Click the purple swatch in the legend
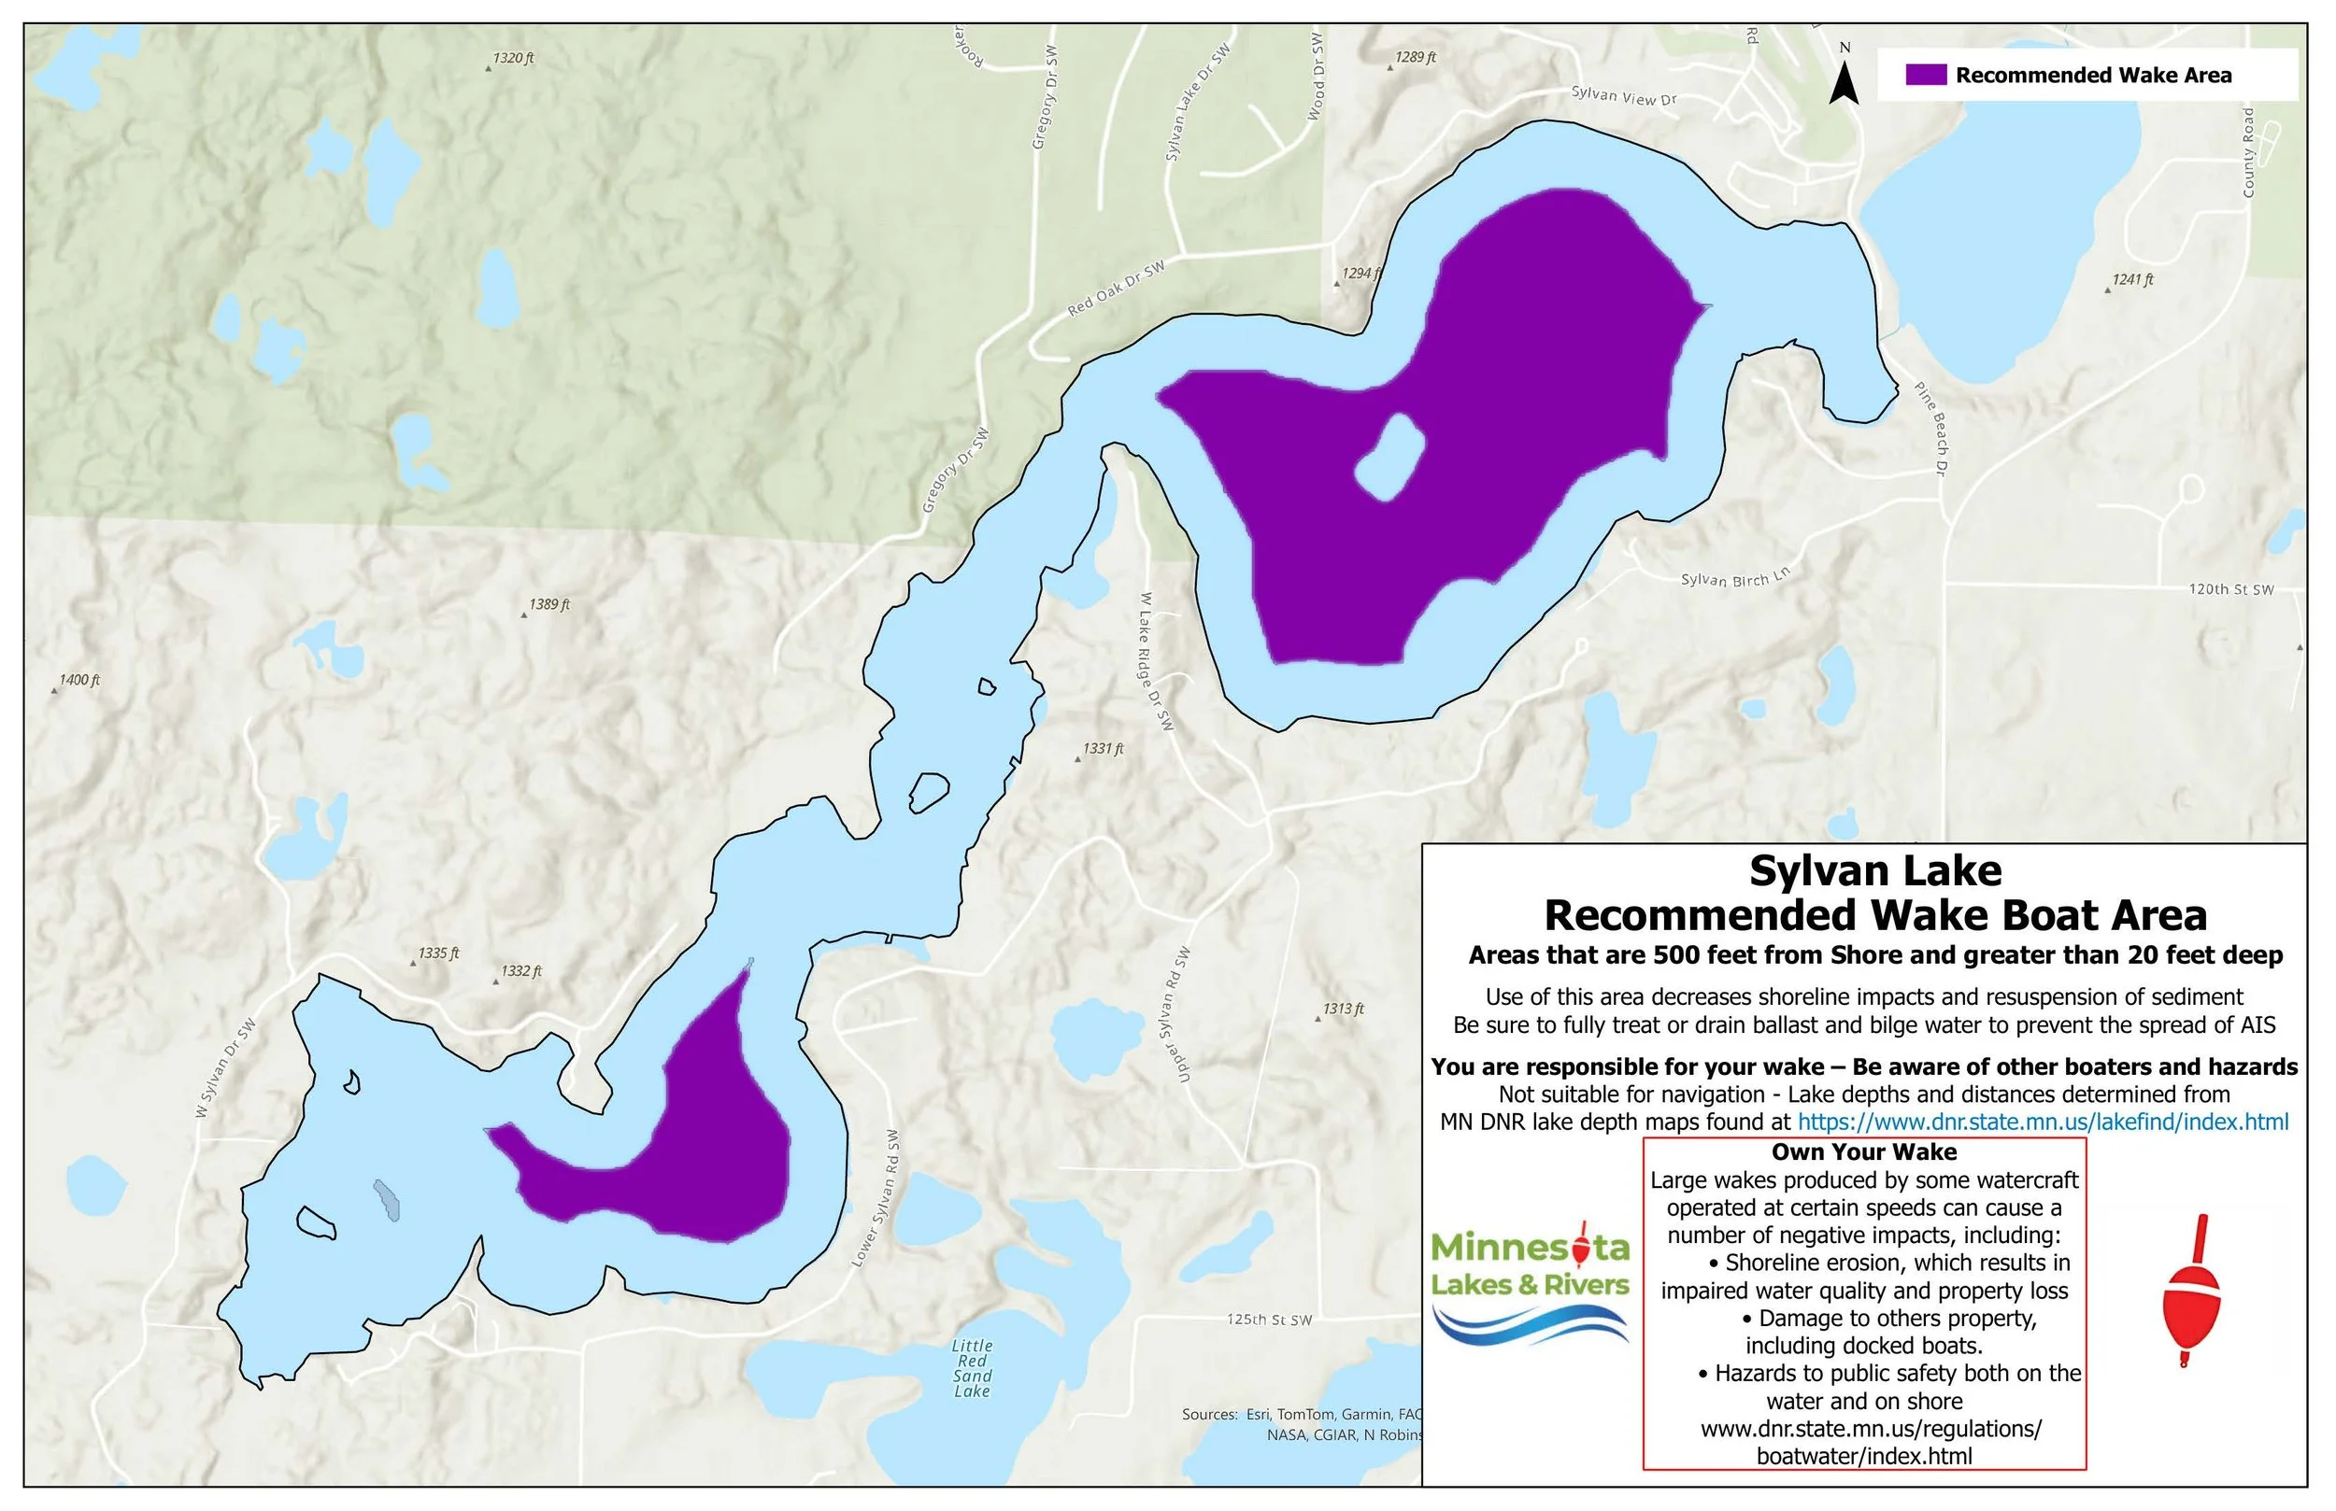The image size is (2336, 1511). tap(1925, 76)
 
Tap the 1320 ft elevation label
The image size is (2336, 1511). tap(513, 59)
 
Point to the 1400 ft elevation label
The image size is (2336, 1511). tap(79, 680)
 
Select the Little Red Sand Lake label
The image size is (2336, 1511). tap(972, 1369)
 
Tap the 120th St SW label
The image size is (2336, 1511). tap(2231, 589)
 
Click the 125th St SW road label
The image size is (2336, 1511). tap(1269, 1320)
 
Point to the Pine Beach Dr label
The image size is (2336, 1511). tap(1930, 429)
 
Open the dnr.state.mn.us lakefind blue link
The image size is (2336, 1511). tap(2043, 1122)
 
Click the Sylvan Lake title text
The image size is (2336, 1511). tap(1874, 871)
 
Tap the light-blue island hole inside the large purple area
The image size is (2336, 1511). tap(1389, 459)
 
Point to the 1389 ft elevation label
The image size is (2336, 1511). tap(548, 605)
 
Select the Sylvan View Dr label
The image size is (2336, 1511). tap(1623, 95)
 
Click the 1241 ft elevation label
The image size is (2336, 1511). tap(2132, 279)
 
